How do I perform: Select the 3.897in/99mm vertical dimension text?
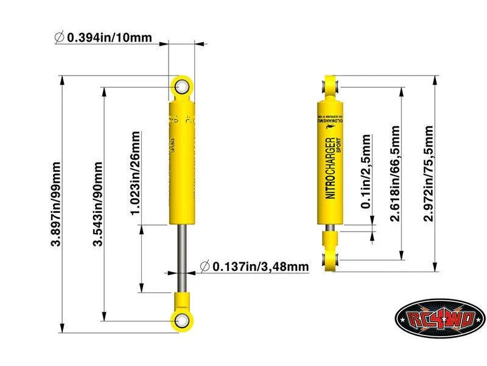click(x=57, y=204)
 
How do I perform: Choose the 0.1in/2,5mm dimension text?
click(x=365, y=173)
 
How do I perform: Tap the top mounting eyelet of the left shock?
click(x=181, y=87)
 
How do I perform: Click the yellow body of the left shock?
click(x=181, y=165)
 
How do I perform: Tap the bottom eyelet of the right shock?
click(x=331, y=260)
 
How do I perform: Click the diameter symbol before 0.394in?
click(x=58, y=37)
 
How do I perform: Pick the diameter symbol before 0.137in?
click(x=205, y=267)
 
